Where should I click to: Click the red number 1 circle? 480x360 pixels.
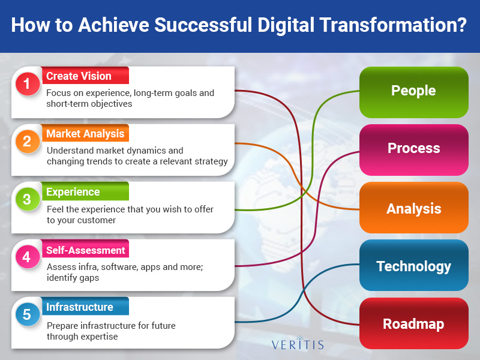point(28,83)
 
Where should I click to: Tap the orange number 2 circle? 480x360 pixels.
point(28,141)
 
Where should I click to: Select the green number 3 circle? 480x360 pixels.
point(28,199)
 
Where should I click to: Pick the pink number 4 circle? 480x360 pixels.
point(28,257)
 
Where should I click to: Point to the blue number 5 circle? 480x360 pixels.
point(28,314)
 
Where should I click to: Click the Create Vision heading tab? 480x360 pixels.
point(85,76)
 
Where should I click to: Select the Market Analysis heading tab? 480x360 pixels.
point(85,133)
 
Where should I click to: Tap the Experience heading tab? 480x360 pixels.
point(85,191)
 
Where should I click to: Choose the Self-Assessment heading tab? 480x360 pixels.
point(85,248)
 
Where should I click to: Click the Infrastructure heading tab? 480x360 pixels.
point(85,306)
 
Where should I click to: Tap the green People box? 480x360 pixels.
point(414,92)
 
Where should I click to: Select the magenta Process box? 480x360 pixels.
point(414,149)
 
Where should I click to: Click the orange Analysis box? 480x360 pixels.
point(414,208)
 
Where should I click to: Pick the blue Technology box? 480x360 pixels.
point(414,265)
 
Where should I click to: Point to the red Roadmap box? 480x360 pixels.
point(414,323)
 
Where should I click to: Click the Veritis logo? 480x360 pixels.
point(298,343)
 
